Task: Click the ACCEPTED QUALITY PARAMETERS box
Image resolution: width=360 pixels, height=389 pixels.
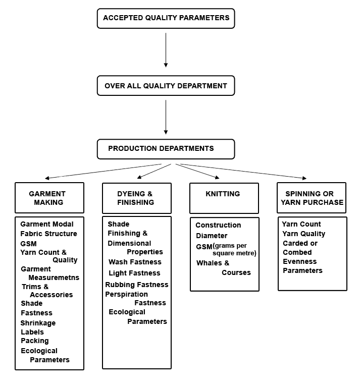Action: pos(166,18)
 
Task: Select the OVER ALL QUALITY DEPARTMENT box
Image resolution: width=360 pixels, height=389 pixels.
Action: pos(166,86)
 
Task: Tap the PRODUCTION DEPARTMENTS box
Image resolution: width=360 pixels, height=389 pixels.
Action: pos(166,149)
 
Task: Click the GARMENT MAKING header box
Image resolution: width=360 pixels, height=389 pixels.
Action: pos(49,198)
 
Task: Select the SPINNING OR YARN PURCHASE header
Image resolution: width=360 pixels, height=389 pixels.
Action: pos(312,198)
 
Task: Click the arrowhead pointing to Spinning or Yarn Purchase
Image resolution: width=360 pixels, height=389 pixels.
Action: pos(303,178)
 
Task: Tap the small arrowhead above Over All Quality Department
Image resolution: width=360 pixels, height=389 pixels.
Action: pos(166,66)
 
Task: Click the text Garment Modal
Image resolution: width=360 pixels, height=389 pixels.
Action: pos(47,224)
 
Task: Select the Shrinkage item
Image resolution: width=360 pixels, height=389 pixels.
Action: pos(38,323)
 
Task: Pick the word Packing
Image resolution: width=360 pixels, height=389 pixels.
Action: pos(35,341)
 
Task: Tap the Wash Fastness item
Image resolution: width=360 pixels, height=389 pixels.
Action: pos(135,262)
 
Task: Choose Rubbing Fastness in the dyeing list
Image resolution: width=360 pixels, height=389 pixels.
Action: pos(136,285)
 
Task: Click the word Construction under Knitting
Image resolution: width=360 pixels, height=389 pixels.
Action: pos(218,225)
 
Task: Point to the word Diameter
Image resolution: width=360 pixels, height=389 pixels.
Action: pos(212,236)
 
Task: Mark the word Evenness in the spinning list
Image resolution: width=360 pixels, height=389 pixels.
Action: pos(299,261)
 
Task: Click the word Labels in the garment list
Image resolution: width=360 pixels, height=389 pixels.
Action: pos(32,332)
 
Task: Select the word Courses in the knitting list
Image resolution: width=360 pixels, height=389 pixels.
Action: pos(236,272)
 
